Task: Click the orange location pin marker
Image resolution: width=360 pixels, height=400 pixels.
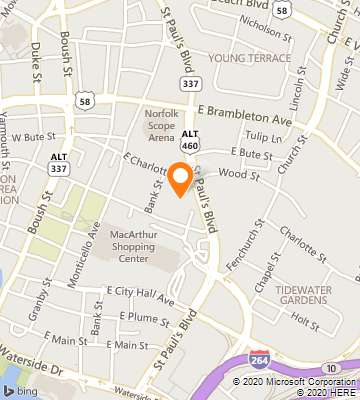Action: [180, 178]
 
